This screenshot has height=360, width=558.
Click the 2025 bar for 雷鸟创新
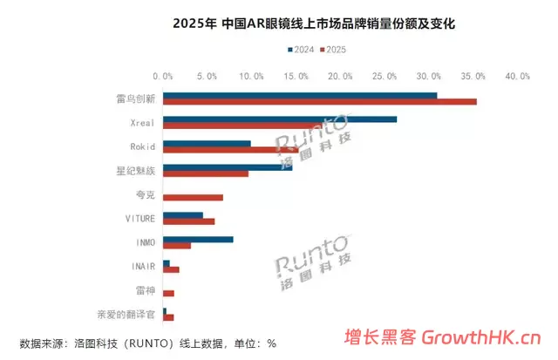pyautogui.click(x=319, y=102)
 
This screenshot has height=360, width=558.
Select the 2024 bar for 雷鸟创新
pyautogui.click(x=300, y=95)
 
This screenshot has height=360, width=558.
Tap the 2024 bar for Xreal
pyautogui.click(x=279, y=119)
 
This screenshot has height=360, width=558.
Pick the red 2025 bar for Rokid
pyautogui.click(x=230, y=150)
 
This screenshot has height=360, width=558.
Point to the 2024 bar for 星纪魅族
pyautogui.click(x=228, y=166)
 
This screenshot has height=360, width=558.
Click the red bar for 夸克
pyautogui.click(x=193, y=198)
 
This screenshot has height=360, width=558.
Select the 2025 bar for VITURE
pyautogui.click(x=188, y=221)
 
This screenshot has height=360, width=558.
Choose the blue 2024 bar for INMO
pyautogui.click(x=198, y=239)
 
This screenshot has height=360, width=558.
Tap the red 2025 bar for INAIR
pyautogui.click(x=171, y=269)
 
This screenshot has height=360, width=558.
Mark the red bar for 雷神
pyautogui.click(x=168, y=294)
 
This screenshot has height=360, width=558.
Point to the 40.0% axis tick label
pyautogui.click(x=520, y=76)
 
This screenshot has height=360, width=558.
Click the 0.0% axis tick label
pyautogui.click(x=162, y=76)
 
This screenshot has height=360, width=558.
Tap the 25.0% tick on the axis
pyautogui.click(x=385, y=76)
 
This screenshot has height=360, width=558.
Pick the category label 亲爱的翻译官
pyautogui.click(x=126, y=313)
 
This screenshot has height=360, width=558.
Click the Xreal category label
pyautogui.click(x=142, y=122)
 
